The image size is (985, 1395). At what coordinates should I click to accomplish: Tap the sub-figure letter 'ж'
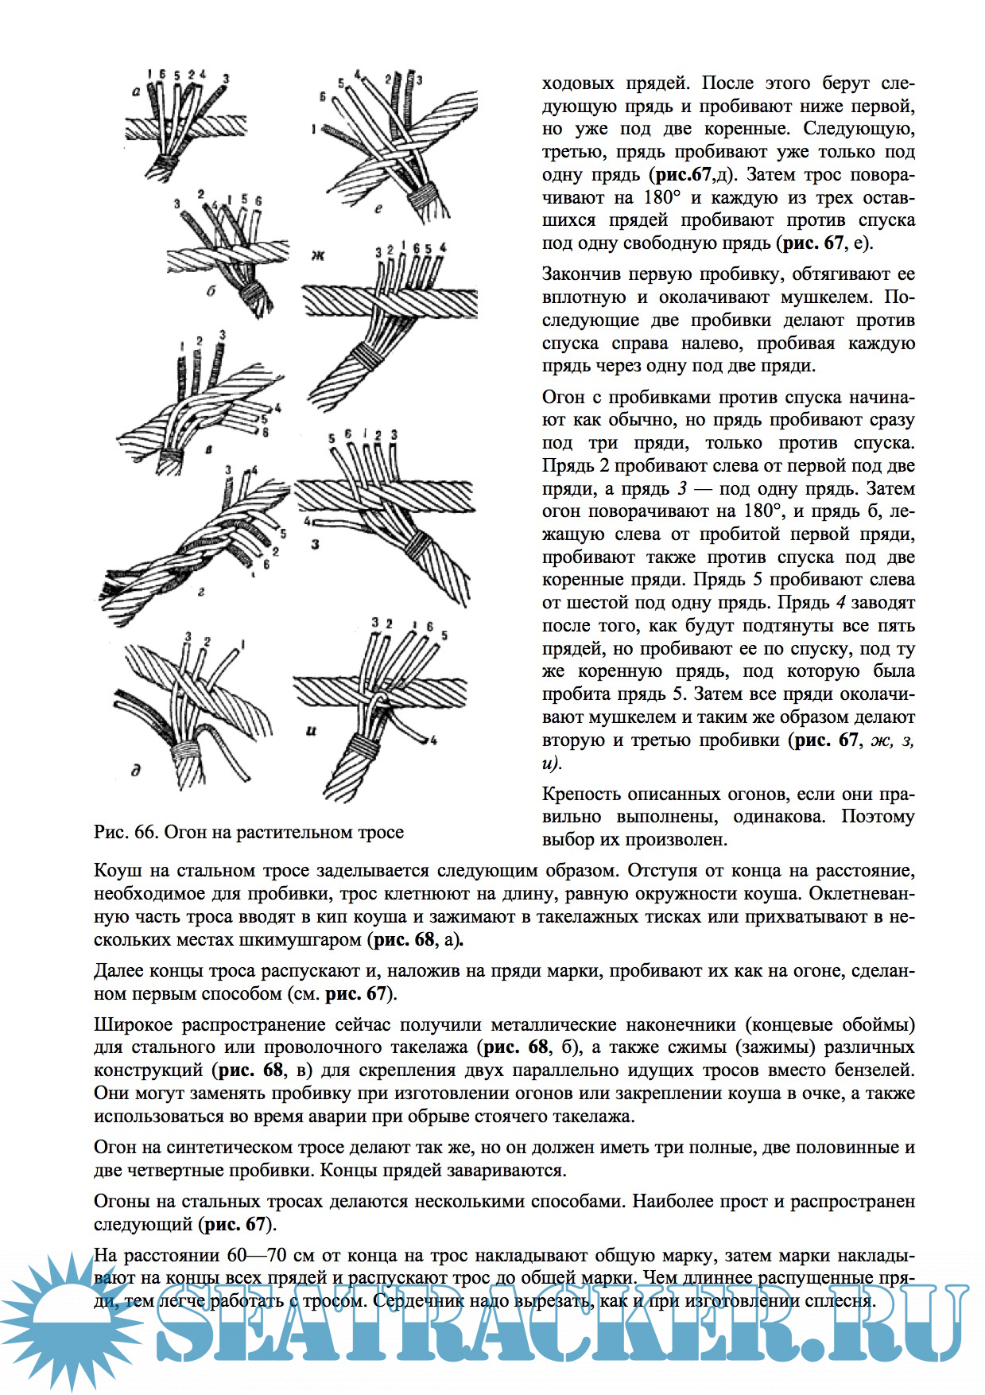click(x=318, y=255)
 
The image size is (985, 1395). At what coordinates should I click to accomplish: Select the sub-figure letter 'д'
click(x=137, y=769)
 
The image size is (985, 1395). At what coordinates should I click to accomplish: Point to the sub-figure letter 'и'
click(x=311, y=729)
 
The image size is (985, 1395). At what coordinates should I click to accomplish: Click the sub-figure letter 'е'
click(x=378, y=209)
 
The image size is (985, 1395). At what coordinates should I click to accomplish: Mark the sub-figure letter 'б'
click(x=211, y=291)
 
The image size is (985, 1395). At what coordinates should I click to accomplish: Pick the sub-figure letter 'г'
click(x=202, y=591)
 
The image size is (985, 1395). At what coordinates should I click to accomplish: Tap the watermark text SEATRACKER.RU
click(x=556, y=1324)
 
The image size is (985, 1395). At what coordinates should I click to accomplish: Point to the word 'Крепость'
click(x=584, y=794)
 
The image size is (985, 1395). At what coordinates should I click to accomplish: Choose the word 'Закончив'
click(x=584, y=274)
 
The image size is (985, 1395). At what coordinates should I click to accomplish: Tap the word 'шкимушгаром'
click(x=300, y=939)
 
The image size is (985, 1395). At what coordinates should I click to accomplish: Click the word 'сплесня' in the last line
click(x=841, y=1301)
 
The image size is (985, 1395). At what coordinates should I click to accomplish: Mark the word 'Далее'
click(x=119, y=971)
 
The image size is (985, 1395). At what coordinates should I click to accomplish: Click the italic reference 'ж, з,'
click(x=892, y=740)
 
